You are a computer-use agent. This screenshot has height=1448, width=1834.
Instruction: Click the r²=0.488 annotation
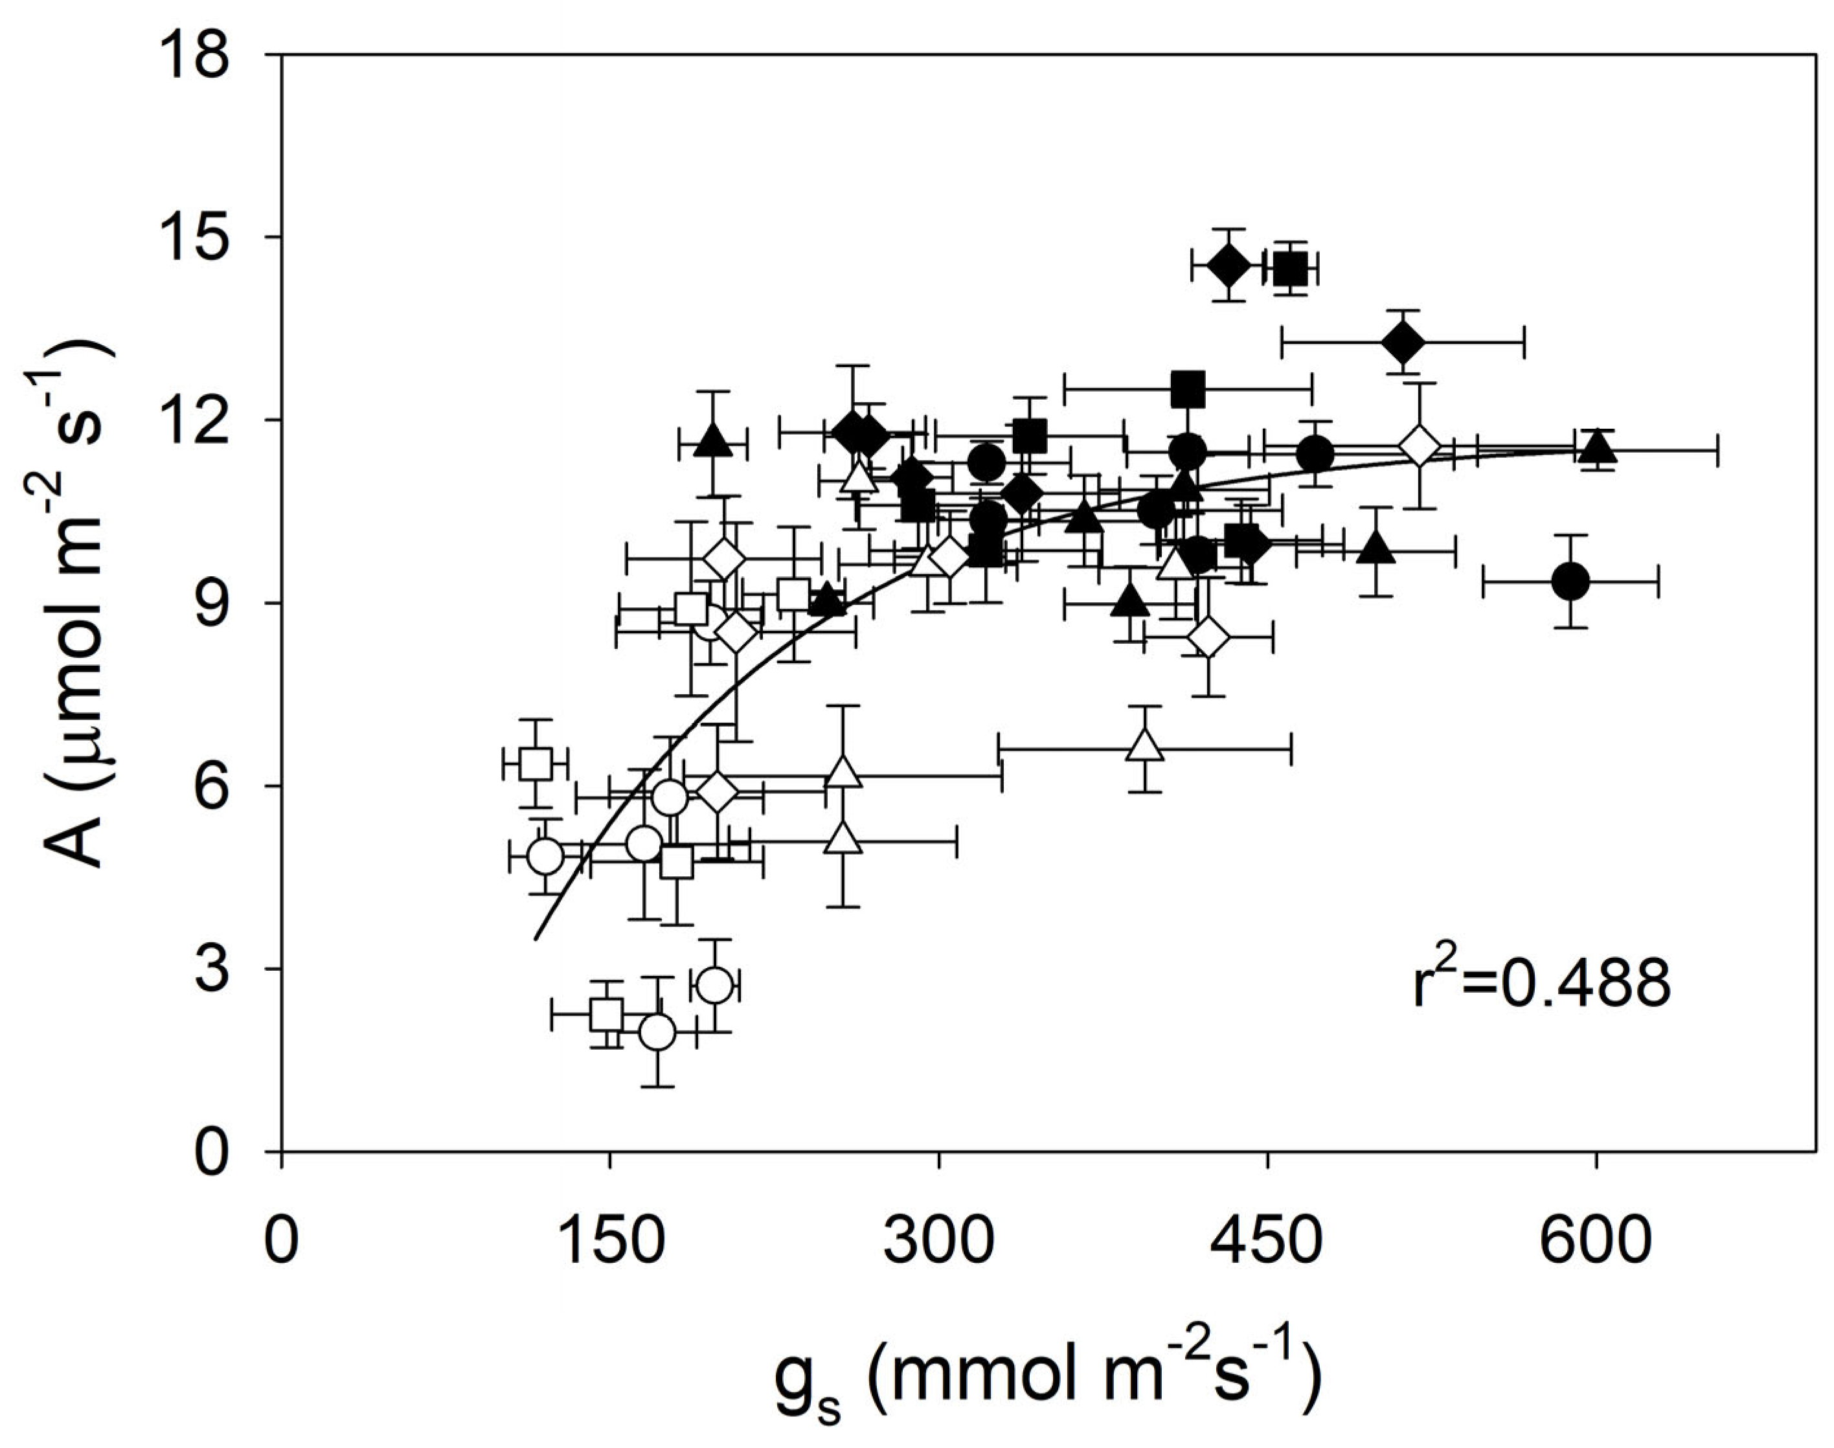[1541, 984]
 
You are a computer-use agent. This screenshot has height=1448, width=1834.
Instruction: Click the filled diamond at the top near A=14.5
[1228, 266]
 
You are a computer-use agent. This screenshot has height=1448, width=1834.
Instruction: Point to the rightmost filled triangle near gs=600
[1598, 445]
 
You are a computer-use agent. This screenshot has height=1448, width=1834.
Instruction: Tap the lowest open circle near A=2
[657, 1032]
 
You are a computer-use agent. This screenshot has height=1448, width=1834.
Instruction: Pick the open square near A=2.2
[607, 1014]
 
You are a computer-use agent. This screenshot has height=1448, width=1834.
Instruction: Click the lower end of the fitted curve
[536, 938]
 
